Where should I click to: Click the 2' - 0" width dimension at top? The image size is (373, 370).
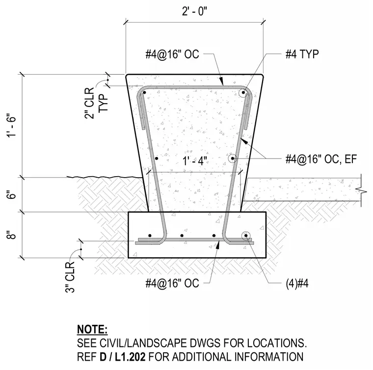click(x=194, y=11)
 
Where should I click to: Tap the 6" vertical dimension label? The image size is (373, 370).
click(x=12, y=194)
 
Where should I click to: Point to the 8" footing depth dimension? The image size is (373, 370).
click(x=12, y=235)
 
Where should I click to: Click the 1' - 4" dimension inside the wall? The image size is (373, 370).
click(x=195, y=161)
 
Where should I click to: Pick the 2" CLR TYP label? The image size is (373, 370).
click(x=96, y=103)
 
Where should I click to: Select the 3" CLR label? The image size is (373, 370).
click(x=70, y=277)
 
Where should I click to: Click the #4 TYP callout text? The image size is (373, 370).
click(x=302, y=54)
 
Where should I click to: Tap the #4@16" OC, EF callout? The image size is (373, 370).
click(x=321, y=159)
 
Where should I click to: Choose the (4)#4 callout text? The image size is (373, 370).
click(x=297, y=283)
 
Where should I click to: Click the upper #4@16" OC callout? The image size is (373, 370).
click(x=172, y=54)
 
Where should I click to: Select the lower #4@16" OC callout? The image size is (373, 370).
click(x=172, y=283)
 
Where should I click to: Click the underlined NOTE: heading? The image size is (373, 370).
click(x=92, y=330)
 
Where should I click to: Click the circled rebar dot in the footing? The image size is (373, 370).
click(x=246, y=236)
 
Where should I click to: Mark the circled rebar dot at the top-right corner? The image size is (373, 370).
click(x=243, y=92)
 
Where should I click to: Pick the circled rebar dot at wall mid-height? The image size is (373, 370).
click(x=233, y=159)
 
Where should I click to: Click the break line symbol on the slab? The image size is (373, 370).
click(x=361, y=190)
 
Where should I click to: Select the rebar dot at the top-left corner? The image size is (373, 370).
click(x=144, y=92)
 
